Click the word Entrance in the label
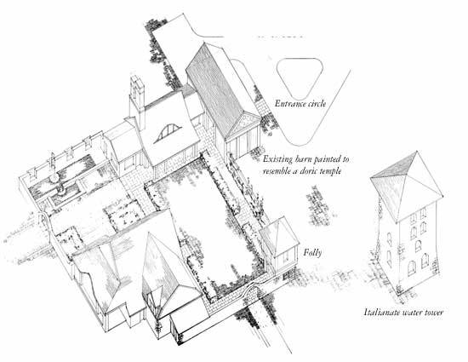pos(289,104)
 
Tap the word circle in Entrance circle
pos(316,104)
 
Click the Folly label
pos(312,253)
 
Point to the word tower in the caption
pos(433,313)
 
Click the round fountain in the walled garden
pos(54,178)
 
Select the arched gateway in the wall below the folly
pos(254,291)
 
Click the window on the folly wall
pos(286,257)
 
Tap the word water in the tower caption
pos(410,313)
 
